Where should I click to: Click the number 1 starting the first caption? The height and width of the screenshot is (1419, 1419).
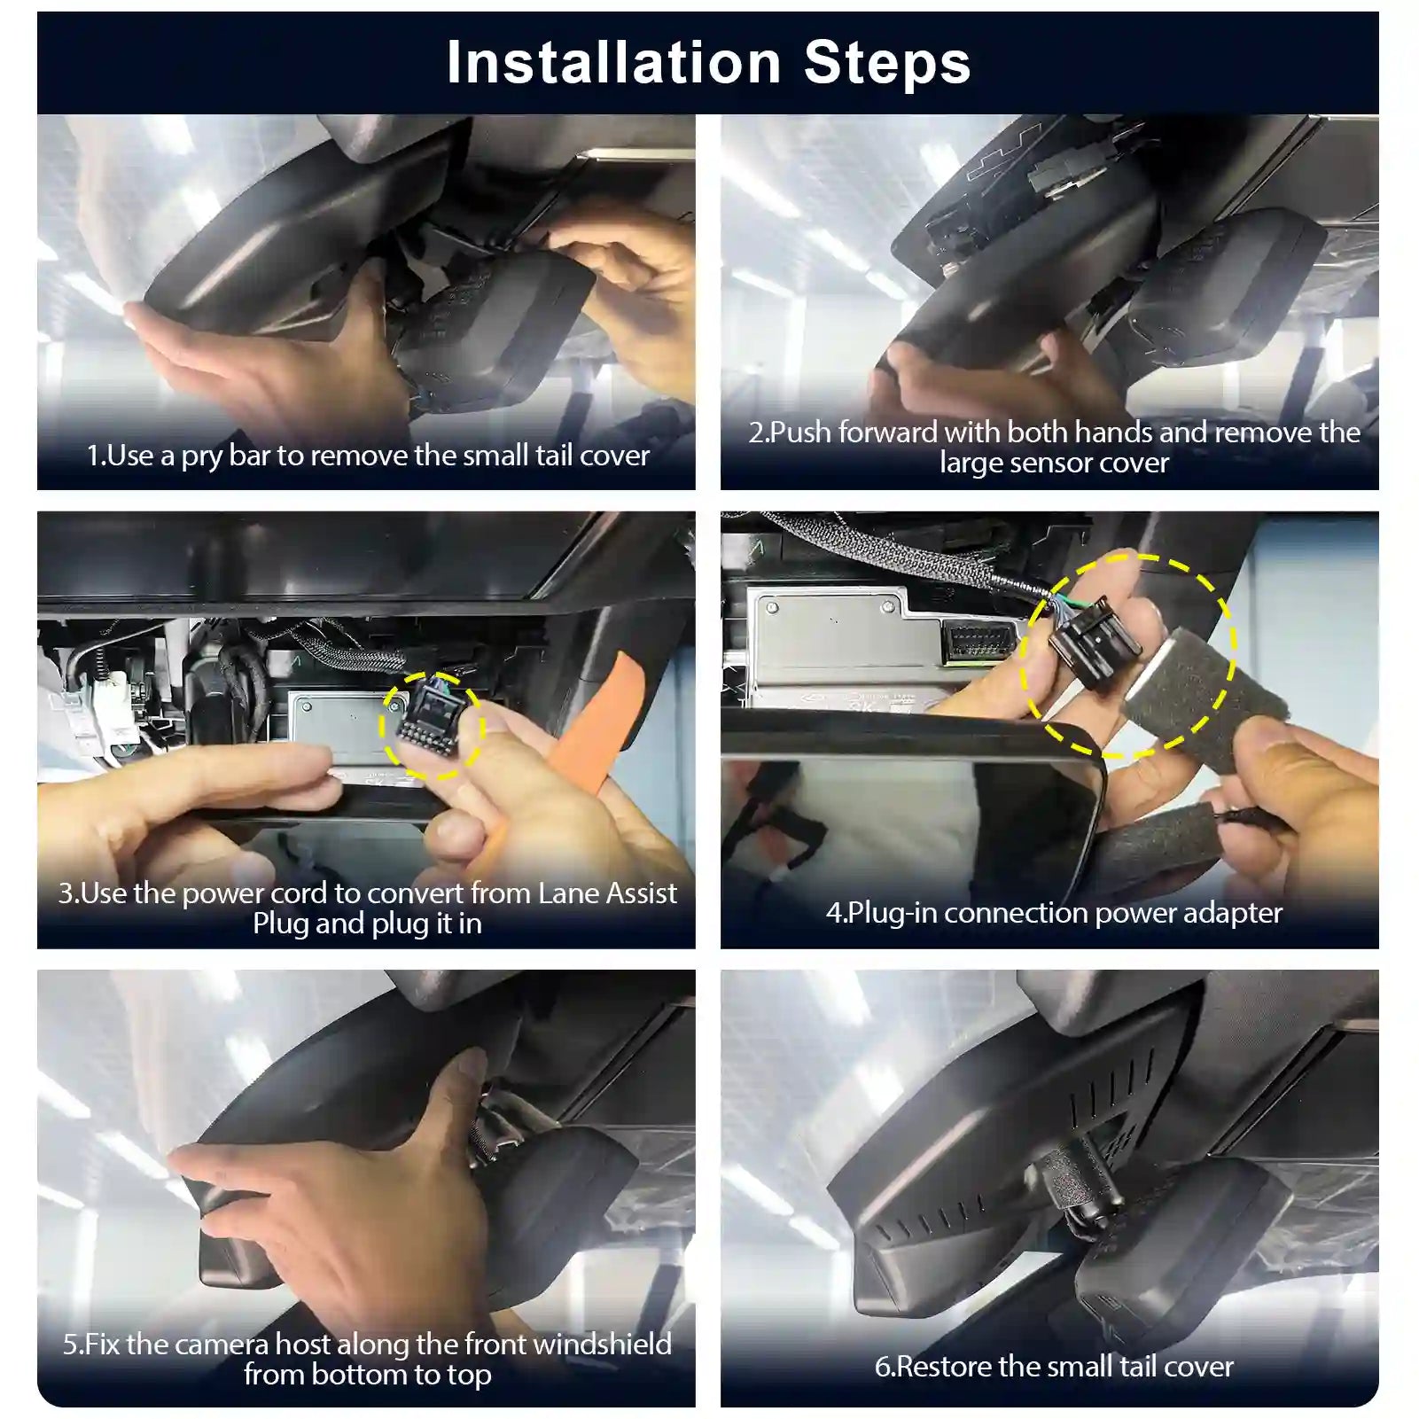[x=91, y=456]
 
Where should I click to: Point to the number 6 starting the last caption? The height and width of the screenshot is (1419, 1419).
[x=882, y=1367]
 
